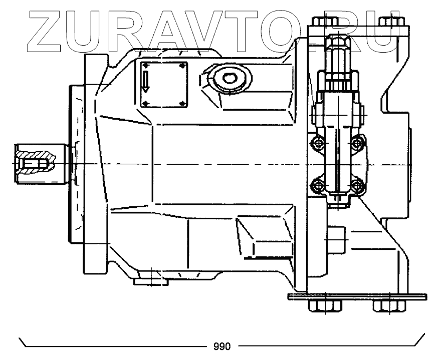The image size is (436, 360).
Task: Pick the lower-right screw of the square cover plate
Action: pyautogui.click(x=182, y=104)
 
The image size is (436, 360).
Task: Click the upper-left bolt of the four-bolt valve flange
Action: pyautogui.click(x=317, y=144)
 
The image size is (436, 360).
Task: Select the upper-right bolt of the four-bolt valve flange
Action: pyautogui.click(x=356, y=144)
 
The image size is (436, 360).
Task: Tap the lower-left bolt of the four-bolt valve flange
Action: pyautogui.click(x=317, y=186)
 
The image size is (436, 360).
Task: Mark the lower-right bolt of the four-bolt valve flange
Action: pyautogui.click(x=356, y=186)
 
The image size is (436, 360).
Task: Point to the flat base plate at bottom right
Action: pyautogui.click(x=356, y=297)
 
